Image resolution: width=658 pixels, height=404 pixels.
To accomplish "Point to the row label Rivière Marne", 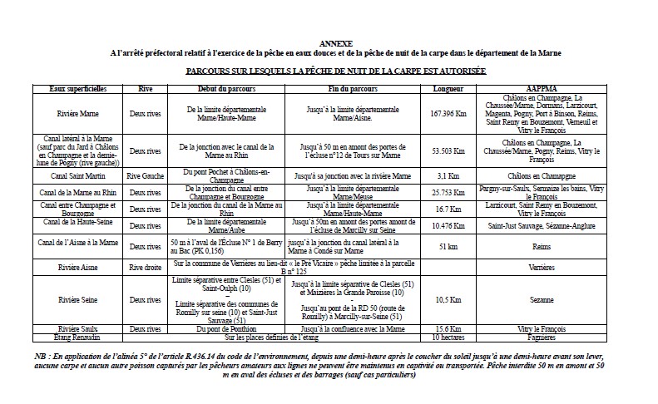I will [x=74, y=113].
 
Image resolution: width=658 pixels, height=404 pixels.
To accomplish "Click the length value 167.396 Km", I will [x=448, y=113].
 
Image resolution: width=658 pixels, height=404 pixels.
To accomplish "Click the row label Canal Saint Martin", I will [x=74, y=175].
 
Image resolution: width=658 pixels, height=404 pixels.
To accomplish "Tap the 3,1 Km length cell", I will [x=448, y=175].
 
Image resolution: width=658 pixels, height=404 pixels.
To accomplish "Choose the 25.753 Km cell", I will [x=448, y=192].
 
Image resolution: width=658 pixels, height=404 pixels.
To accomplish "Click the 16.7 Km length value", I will [x=448, y=209].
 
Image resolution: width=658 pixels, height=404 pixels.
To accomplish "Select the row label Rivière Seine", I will [x=74, y=299].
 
